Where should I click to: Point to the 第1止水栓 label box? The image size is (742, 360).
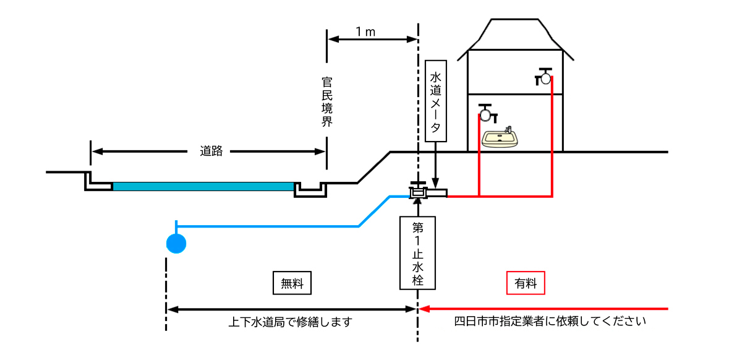click(x=418, y=252)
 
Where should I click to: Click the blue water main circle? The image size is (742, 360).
click(x=176, y=244)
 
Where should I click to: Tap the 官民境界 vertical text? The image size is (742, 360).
click(x=327, y=102)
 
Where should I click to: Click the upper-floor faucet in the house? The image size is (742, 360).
click(x=544, y=77)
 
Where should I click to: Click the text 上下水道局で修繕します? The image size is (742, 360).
click(x=290, y=322)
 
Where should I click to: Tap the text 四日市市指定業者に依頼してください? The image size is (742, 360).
click(x=550, y=322)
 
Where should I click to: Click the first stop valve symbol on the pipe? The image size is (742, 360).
click(x=419, y=191)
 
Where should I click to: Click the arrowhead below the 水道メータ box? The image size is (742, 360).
click(x=437, y=184)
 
